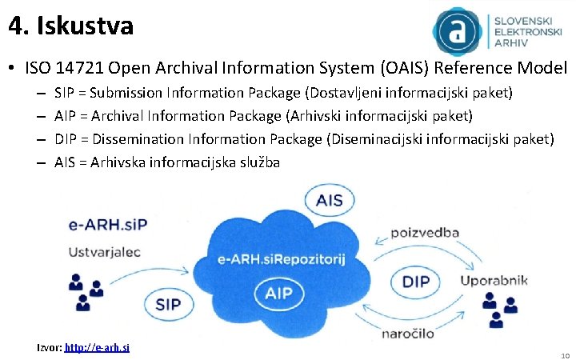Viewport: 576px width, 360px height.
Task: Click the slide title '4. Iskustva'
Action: coord(71,26)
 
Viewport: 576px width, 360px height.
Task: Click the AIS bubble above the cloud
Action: coord(329,200)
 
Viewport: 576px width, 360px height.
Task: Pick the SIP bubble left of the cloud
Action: coord(168,305)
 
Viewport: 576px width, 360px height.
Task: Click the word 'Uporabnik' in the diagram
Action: coord(495,281)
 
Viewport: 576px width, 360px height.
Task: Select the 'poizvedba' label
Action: coord(424,233)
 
